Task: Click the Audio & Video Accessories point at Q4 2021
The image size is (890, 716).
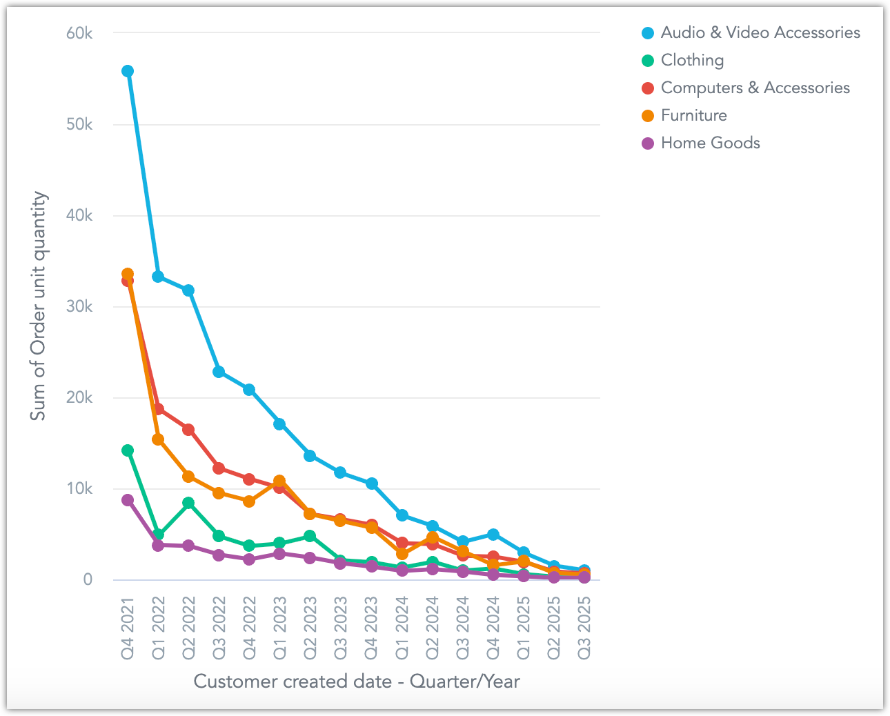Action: point(128,71)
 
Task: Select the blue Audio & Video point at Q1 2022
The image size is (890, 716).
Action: point(158,277)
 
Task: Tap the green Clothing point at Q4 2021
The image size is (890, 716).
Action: point(128,450)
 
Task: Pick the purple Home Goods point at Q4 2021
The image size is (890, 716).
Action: point(128,500)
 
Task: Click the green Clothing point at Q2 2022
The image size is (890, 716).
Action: point(188,503)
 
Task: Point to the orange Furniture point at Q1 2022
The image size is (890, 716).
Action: point(158,439)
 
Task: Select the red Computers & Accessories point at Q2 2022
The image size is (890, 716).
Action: point(188,430)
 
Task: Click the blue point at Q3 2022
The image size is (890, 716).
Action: point(219,372)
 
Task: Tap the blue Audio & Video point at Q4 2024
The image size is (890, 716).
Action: point(493,535)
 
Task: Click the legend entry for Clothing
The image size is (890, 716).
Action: point(692,61)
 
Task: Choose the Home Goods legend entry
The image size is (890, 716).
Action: point(710,143)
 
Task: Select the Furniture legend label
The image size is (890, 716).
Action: point(693,116)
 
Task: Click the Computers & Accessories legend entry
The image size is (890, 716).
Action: point(755,88)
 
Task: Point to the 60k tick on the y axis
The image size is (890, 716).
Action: point(79,33)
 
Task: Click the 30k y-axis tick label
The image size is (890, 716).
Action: point(79,306)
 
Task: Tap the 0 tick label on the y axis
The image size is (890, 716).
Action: point(88,579)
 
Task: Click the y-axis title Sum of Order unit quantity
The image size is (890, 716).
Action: point(39,306)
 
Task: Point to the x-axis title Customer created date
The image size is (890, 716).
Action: point(356,682)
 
